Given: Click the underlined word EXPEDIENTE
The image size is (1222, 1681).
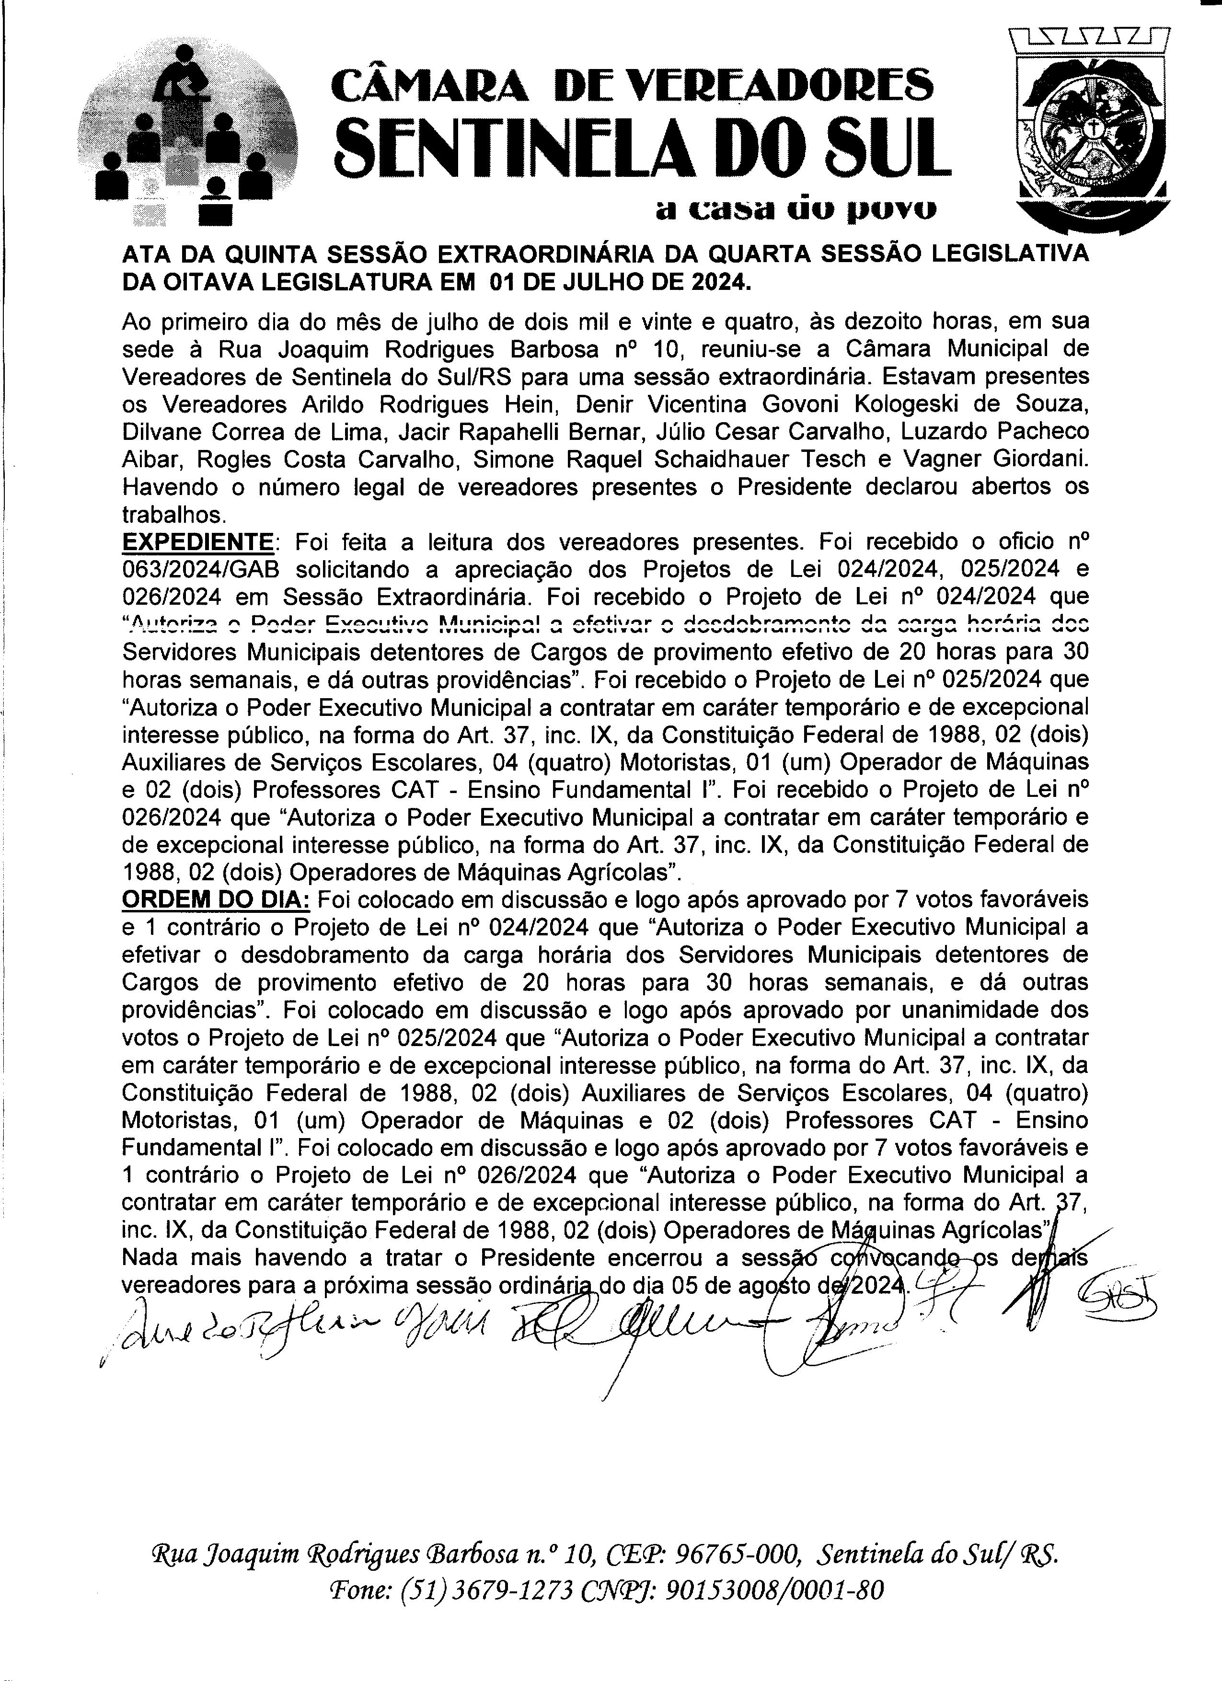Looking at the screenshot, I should click(197, 542).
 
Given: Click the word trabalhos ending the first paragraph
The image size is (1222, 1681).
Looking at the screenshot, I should click(172, 514).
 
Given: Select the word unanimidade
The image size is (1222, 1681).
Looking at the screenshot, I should click(963, 1010).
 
